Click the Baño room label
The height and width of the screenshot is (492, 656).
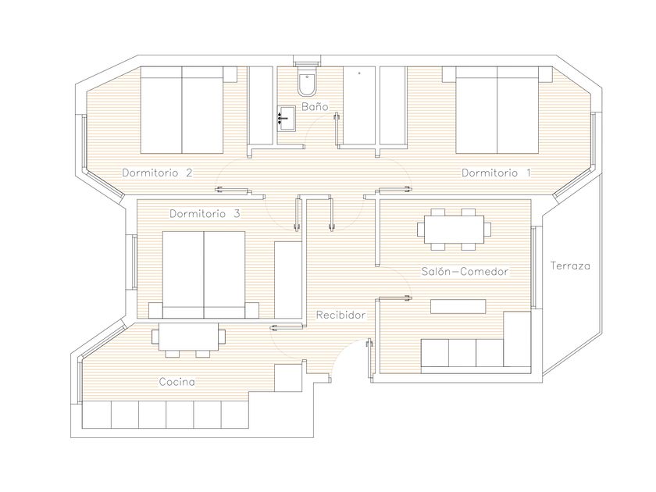pos(315,107)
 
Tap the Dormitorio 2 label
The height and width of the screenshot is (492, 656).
pos(157,173)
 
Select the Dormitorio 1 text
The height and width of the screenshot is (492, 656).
pos(496,173)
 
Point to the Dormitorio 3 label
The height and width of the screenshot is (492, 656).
pos(205,214)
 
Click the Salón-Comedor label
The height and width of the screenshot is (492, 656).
pos(465,272)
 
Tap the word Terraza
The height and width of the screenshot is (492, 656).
pos(570,266)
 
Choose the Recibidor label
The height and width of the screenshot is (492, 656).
pos(340,315)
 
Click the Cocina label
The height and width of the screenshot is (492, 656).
pos(177,382)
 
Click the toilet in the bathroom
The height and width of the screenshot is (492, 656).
pos(308,80)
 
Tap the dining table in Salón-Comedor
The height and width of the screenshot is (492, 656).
pos(454,230)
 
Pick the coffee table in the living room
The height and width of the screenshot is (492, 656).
pos(458,306)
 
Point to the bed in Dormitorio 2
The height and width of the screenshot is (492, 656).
pos(181,110)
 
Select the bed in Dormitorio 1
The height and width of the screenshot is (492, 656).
pos(497,110)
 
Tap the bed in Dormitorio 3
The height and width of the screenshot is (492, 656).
pos(204,275)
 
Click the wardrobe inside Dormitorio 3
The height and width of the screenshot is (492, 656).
pos(288,280)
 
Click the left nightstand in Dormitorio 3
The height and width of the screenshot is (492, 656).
pos(155,310)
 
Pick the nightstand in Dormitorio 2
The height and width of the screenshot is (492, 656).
pos(230,74)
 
